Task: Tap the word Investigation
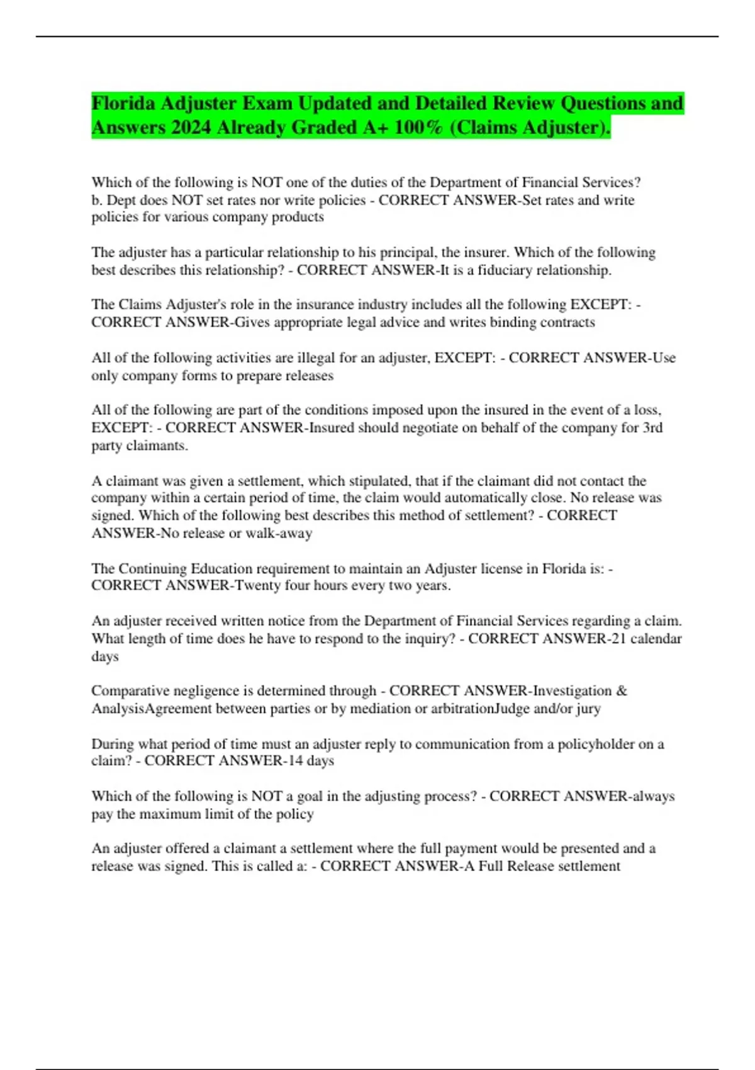pyautogui.click(x=572, y=691)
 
